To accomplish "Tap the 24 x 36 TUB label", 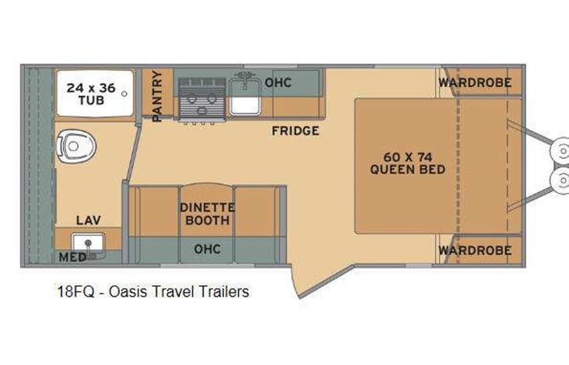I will (91, 94).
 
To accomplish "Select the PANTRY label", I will (157, 96).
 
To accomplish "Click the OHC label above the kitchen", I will (278, 82).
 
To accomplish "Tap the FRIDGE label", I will (295, 131).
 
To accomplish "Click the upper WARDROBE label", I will (474, 82).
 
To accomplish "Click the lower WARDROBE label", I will (474, 250).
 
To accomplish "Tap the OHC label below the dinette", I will (206, 249).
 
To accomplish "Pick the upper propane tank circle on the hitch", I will (559, 150).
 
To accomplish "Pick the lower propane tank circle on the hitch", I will (559, 181).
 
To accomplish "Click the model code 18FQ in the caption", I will (71, 292).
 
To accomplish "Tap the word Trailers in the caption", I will (223, 292).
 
